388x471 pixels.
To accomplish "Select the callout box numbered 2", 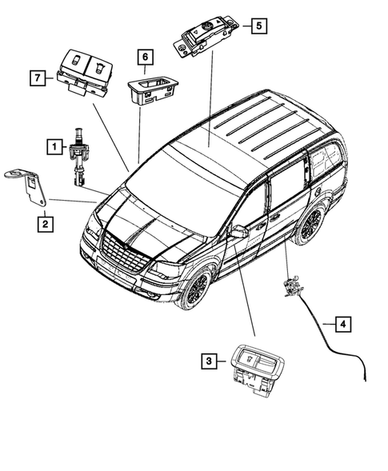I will [45, 224].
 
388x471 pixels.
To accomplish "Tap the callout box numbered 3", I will [208, 362].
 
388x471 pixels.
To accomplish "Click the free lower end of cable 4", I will [365, 376].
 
